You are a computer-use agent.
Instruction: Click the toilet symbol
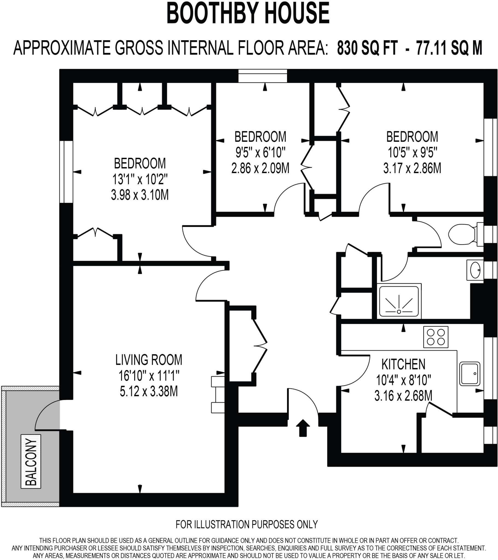click(464, 234)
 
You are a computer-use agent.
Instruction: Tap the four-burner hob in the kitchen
click(435, 337)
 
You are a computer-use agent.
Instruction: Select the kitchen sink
click(470, 374)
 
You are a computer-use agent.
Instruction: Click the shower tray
click(399, 301)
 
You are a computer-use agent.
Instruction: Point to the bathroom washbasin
click(475, 270)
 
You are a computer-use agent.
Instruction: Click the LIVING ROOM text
click(149, 360)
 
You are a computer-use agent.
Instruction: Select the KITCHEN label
click(403, 364)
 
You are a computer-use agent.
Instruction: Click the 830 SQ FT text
click(367, 48)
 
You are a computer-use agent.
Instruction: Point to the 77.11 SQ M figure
click(449, 48)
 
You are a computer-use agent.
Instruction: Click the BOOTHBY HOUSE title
click(248, 13)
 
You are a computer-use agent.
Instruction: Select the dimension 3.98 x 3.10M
click(140, 195)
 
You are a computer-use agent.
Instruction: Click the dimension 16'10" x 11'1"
click(149, 376)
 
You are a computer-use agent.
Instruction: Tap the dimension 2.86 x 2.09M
click(260, 168)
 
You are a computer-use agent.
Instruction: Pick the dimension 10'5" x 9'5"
click(412, 152)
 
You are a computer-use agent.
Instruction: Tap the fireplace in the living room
click(218, 395)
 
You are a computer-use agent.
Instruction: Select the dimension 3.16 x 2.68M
click(403, 396)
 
